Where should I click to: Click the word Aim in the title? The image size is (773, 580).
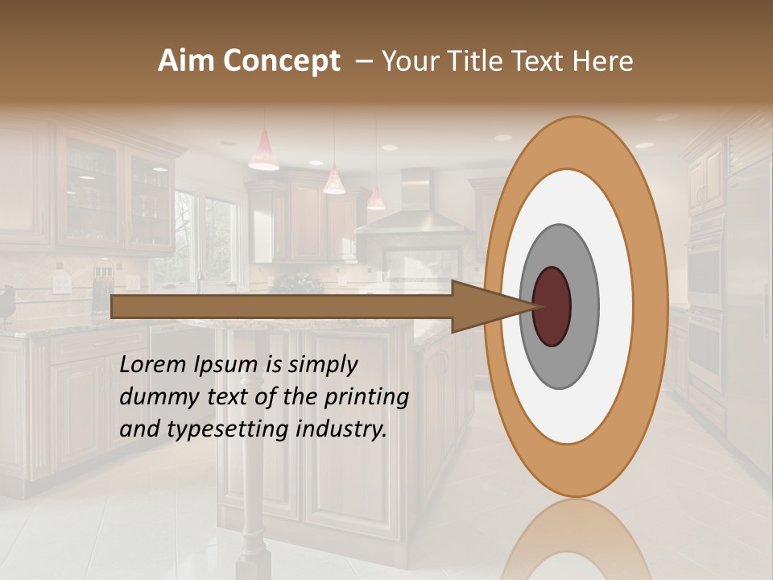pos(187,61)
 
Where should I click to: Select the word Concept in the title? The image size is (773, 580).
pos(281,62)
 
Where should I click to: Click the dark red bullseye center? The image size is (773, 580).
pos(552,306)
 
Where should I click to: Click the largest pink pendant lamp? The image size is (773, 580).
pos(263,152)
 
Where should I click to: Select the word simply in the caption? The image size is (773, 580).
pos(322,365)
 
